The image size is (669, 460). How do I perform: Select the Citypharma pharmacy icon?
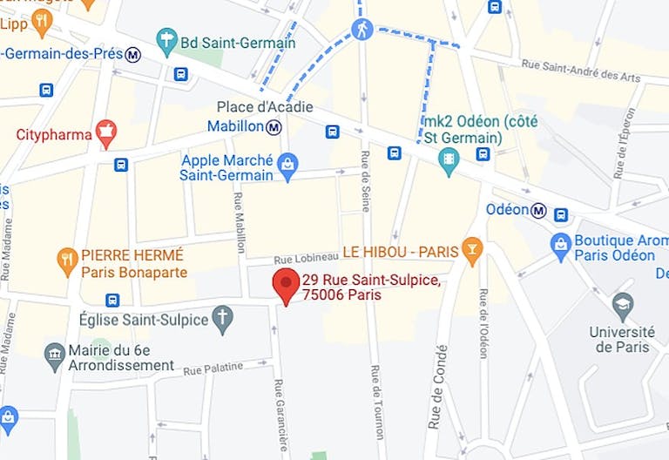pyautogui.click(x=107, y=133)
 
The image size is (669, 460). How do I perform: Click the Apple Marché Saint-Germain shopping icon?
pyautogui.click(x=287, y=163)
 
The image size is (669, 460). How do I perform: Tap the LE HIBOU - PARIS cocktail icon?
pyautogui.click(x=472, y=251)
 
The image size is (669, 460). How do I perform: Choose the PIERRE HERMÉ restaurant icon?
pyautogui.click(x=67, y=258)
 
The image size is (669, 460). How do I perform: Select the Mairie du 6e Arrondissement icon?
pyautogui.click(x=55, y=354)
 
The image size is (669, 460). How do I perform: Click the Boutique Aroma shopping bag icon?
pyautogui.click(x=561, y=247)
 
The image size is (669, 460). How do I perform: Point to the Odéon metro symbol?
pyautogui.click(x=539, y=210)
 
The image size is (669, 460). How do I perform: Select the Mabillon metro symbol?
pyautogui.click(x=274, y=127)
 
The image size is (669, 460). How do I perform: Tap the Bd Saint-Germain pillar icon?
pyautogui.click(x=166, y=39)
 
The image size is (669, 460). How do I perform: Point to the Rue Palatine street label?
pyautogui.click(x=213, y=369)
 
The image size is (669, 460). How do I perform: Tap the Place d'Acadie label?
pyautogui.click(x=265, y=108)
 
